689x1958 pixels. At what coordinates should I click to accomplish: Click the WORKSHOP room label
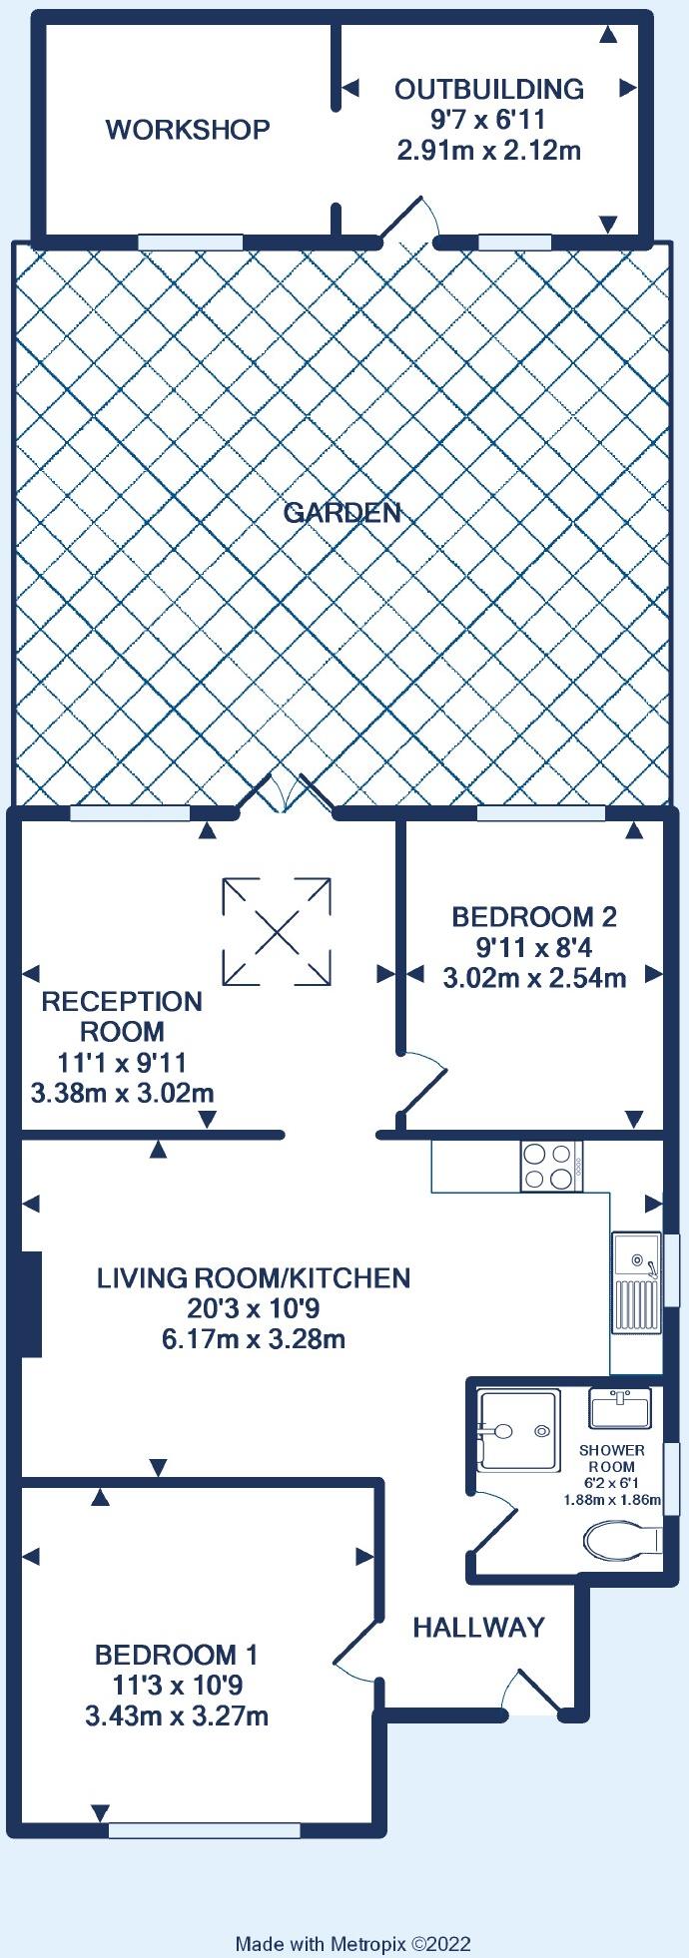coord(188,130)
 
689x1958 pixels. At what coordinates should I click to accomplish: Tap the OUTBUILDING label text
coord(489,89)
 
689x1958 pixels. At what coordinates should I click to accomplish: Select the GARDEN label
coord(343,513)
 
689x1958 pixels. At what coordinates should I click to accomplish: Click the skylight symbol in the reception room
coord(277,930)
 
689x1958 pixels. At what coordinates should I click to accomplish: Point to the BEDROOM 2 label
coord(534,916)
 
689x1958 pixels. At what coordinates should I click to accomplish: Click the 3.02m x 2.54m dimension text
coord(534,978)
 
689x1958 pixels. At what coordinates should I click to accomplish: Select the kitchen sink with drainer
coord(636,1281)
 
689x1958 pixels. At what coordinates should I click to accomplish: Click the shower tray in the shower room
coord(517,1430)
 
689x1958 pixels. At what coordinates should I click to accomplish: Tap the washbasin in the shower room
coord(620,1409)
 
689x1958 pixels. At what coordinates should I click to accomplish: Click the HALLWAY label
coord(479,1628)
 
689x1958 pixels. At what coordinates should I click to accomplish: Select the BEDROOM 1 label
coord(176,1655)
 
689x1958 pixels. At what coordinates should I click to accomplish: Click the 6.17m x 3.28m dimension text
coord(254,1338)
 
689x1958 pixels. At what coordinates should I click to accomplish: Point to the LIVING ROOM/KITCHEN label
coord(254,1277)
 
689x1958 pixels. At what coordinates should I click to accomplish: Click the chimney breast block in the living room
coord(30,1304)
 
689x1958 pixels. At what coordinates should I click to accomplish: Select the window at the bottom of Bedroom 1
coord(205,1829)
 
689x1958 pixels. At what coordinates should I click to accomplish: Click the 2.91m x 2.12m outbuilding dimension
coord(489,151)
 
